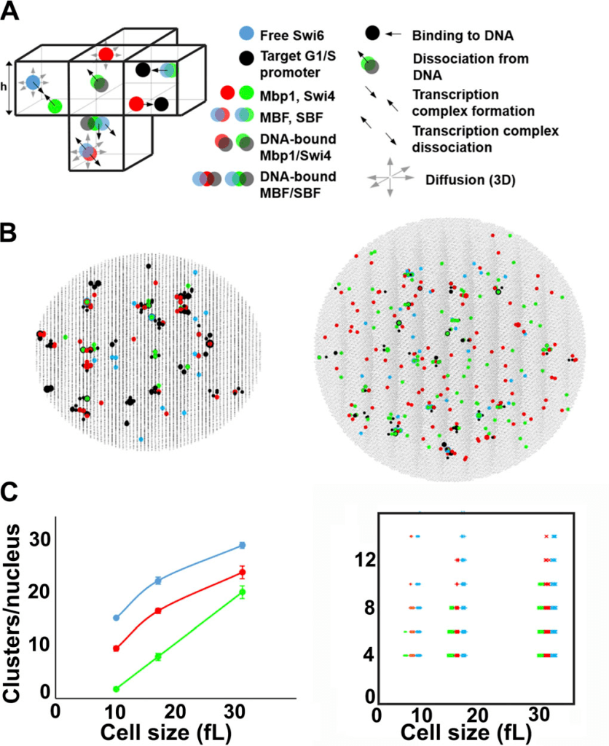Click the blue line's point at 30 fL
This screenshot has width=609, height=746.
[x=243, y=545]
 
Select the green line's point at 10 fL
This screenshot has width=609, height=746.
[x=116, y=688]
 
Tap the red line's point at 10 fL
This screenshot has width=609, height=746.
[x=116, y=648]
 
